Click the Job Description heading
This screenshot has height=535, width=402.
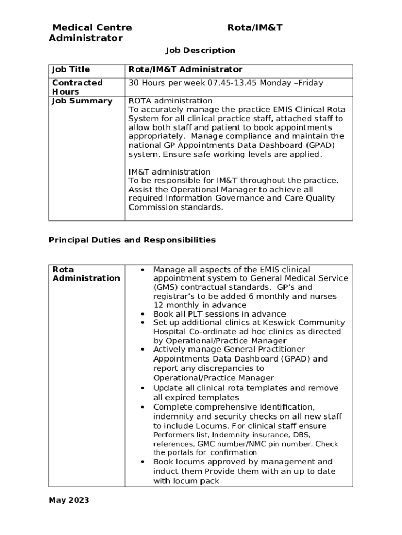click(x=200, y=50)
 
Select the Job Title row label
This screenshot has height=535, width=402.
click(x=70, y=69)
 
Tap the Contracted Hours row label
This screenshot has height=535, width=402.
click(x=77, y=87)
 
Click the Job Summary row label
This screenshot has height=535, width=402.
click(x=82, y=101)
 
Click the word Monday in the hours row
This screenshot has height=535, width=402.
click(x=277, y=83)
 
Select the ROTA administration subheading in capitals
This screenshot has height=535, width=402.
click(x=170, y=101)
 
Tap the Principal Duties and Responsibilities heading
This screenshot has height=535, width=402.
click(x=132, y=240)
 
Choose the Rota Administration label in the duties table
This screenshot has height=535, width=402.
click(x=86, y=274)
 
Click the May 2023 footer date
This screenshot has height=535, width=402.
click(x=69, y=501)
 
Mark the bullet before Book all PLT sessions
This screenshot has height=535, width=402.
click(x=143, y=314)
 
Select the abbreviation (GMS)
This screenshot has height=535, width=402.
click(x=166, y=287)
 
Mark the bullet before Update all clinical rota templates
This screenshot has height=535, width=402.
click(x=143, y=388)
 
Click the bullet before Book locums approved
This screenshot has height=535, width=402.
click(x=143, y=462)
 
